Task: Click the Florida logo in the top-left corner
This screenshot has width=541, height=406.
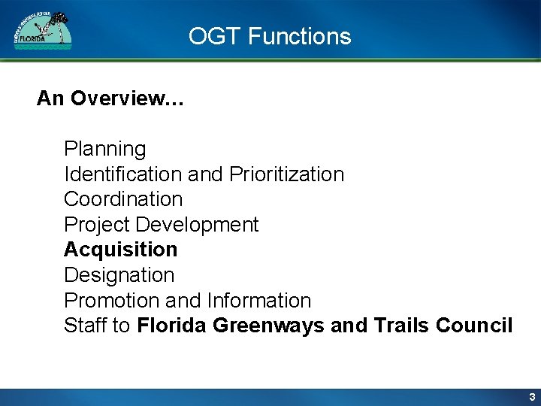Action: (43, 31)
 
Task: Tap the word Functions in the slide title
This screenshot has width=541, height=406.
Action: (299, 36)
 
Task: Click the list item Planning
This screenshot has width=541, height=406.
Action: (104, 149)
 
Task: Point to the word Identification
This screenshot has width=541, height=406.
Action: (123, 174)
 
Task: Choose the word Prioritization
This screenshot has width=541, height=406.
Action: (286, 174)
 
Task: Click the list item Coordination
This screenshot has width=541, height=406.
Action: (123, 199)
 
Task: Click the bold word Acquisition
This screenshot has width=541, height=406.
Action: (120, 250)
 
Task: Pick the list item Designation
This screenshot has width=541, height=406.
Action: (119, 275)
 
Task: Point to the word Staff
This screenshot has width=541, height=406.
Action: (85, 326)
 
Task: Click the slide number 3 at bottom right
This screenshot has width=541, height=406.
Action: (531, 397)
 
